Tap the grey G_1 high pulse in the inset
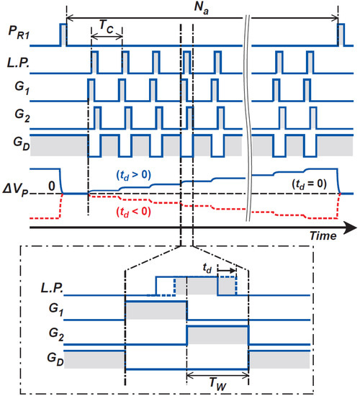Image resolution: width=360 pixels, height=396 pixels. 156,311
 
